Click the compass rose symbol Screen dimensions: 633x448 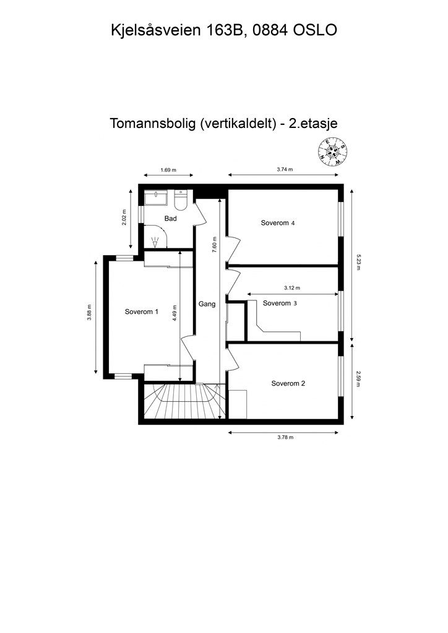click(x=333, y=152)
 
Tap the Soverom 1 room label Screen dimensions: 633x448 click(x=142, y=312)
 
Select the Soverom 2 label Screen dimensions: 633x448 click(x=288, y=383)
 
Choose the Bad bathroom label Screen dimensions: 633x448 click(x=171, y=219)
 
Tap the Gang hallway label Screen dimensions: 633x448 click(x=207, y=304)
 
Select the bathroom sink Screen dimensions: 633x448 click(x=156, y=198)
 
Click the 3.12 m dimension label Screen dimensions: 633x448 click(x=291, y=288)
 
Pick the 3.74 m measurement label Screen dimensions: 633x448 click(x=284, y=170)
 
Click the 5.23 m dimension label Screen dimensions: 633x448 click(x=358, y=265)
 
